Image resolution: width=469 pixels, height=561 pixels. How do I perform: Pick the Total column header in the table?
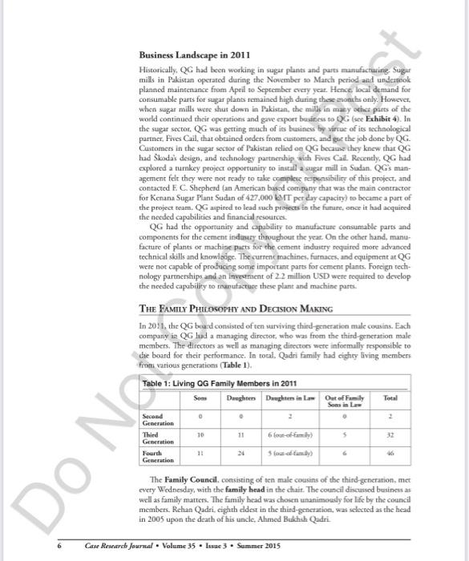click(x=390, y=399)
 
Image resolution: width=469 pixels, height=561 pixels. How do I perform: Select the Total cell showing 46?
click(x=390, y=454)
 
